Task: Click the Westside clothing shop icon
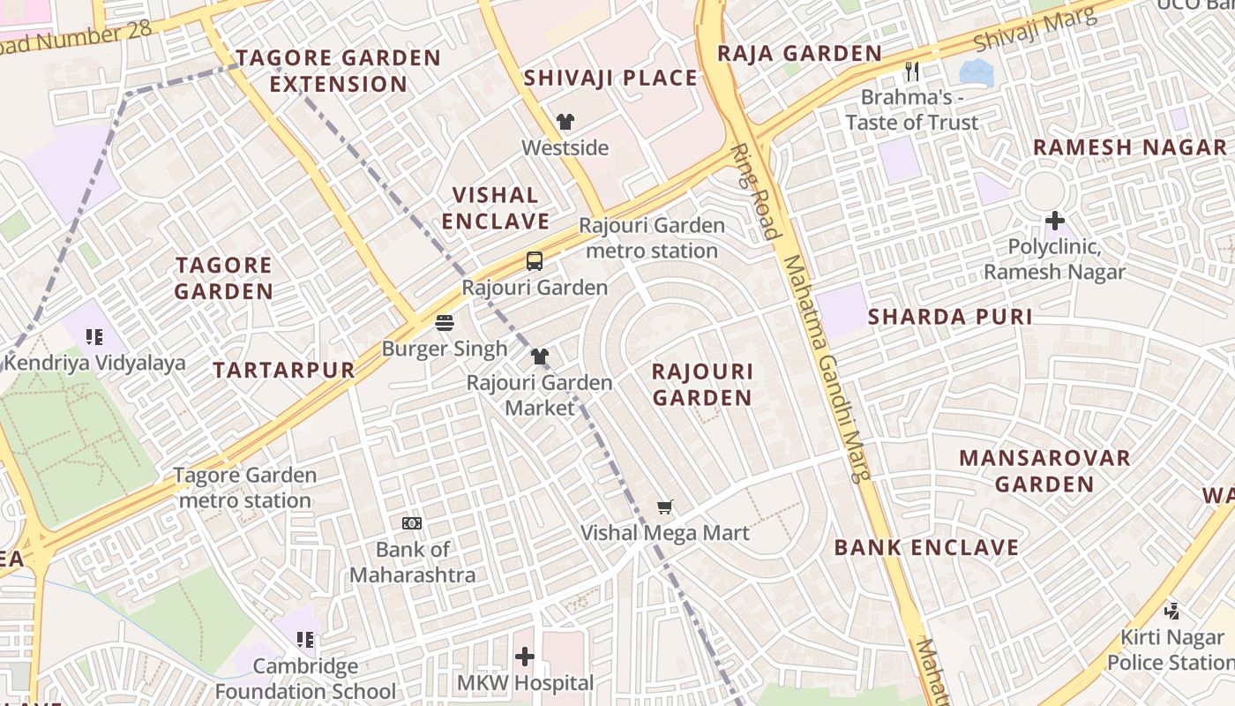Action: (565, 122)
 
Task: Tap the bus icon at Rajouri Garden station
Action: (535, 261)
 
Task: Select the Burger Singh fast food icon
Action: (445, 322)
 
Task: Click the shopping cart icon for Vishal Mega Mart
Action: (665, 507)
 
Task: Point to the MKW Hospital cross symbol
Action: (525, 657)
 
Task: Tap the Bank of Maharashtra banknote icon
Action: (412, 523)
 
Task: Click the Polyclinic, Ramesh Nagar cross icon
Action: (1055, 221)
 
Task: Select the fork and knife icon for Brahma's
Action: (912, 71)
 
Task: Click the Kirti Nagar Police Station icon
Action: (1172, 610)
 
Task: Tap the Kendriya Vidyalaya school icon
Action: (94, 336)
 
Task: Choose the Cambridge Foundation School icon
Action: (305, 639)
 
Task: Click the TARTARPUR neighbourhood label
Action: (284, 370)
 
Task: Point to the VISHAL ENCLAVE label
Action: (496, 208)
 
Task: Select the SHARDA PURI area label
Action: (950, 317)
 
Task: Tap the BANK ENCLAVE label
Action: (926, 547)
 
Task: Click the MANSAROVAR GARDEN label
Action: (1044, 470)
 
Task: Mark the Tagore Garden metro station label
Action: (243, 488)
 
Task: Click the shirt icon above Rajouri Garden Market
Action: (540, 357)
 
